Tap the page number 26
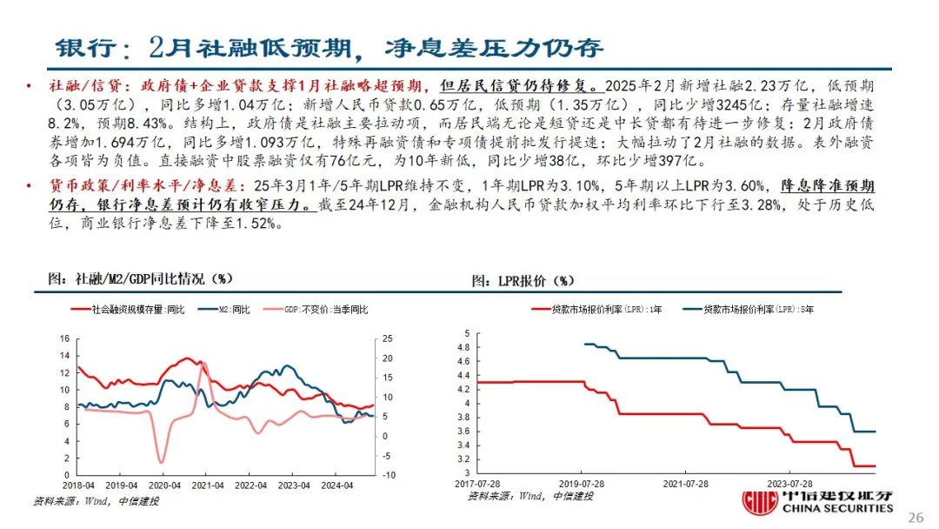click(x=916, y=517)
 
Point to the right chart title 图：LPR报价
click(x=523, y=280)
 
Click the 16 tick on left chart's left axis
click(x=63, y=339)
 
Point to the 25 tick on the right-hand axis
click(x=389, y=339)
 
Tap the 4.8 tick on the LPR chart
click(x=463, y=347)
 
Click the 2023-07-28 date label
click(x=789, y=483)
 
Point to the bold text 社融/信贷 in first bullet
click(x=76, y=87)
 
